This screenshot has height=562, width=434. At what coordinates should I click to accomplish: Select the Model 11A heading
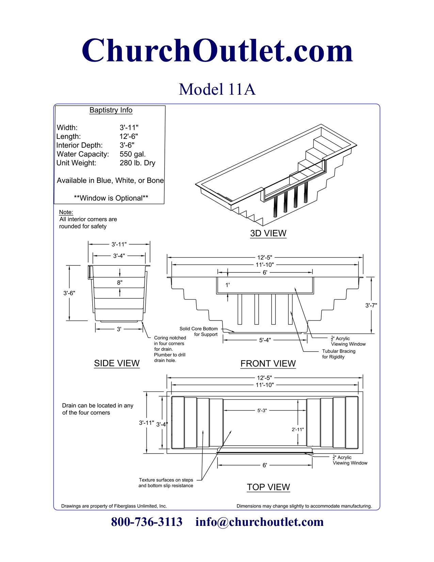pos(217,89)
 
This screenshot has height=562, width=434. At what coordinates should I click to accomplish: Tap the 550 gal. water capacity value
pos(132,154)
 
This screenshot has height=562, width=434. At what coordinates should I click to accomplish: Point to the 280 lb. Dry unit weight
pos(137,163)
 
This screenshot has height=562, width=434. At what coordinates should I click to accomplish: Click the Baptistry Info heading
pos(111,110)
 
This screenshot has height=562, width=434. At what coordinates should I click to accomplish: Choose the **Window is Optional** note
pos(111,198)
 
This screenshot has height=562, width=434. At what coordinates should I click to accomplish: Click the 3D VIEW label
pos(268,233)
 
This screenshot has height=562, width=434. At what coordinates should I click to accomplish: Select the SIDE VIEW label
pos(117,363)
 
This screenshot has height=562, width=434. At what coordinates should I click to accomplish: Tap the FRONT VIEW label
pos(268,363)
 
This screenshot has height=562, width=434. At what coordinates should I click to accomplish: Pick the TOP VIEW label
pos(268,487)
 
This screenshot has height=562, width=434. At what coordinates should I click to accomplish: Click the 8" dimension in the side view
pos(120,282)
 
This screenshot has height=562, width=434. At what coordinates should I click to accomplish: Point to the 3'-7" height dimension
pos(371,305)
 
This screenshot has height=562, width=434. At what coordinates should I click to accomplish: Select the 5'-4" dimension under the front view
pos(265,340)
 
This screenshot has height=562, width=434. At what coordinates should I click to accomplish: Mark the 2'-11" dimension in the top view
pos(298,430)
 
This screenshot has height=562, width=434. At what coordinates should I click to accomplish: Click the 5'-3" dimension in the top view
pos(262,410)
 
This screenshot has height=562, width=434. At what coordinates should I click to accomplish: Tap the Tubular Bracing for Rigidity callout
pos(339,354)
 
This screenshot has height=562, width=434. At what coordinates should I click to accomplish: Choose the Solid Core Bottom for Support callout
pos(199,331)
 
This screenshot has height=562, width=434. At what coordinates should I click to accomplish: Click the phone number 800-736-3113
pos(147,522)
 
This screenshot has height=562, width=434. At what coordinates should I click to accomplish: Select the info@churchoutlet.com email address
pos(259,522)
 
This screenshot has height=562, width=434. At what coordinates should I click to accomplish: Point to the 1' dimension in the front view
pos(228,285)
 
